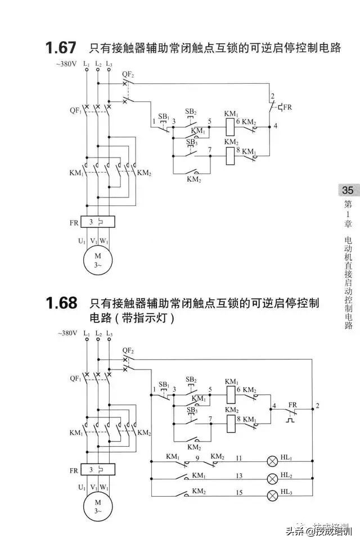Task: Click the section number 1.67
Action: pos(61,48)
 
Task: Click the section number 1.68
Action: pos(61,303)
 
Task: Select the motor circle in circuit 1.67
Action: pos(98,260)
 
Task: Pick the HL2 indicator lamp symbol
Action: pos(272,478)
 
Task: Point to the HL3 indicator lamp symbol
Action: pos(272,495)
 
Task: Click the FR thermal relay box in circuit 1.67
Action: pos(98,223)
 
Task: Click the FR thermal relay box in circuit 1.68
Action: pos(98,470)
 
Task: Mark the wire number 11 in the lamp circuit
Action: pos(239,458)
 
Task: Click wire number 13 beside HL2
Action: pos(239,476)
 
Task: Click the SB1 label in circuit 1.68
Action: pos(164,385)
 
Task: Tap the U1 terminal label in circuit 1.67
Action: pos(82,241)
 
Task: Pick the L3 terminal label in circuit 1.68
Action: pos(109,334)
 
